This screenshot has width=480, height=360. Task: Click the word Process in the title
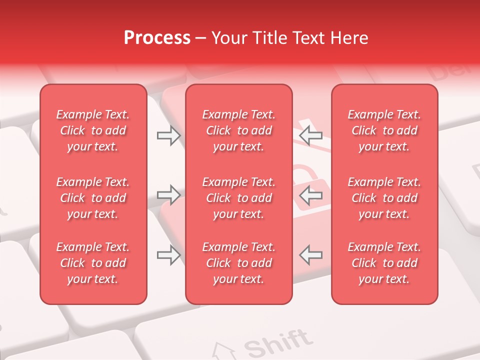157,38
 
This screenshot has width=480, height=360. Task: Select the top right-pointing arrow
168,135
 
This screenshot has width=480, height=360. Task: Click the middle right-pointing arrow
168,195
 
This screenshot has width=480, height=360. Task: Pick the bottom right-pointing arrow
168,255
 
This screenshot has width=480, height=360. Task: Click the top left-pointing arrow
310,135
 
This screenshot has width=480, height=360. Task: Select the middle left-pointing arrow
310,195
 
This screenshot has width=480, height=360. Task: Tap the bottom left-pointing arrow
310,255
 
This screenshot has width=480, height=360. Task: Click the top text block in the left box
93,130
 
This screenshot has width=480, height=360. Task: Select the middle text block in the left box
93,198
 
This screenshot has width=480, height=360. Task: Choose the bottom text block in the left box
93,263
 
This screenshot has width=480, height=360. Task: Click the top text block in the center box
239,130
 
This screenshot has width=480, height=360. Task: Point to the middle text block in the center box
239,198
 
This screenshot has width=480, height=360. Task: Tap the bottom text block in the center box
239,263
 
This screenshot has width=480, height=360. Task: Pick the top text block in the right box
384,130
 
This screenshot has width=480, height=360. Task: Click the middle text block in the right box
384,198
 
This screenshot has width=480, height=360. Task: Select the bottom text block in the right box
384,263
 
